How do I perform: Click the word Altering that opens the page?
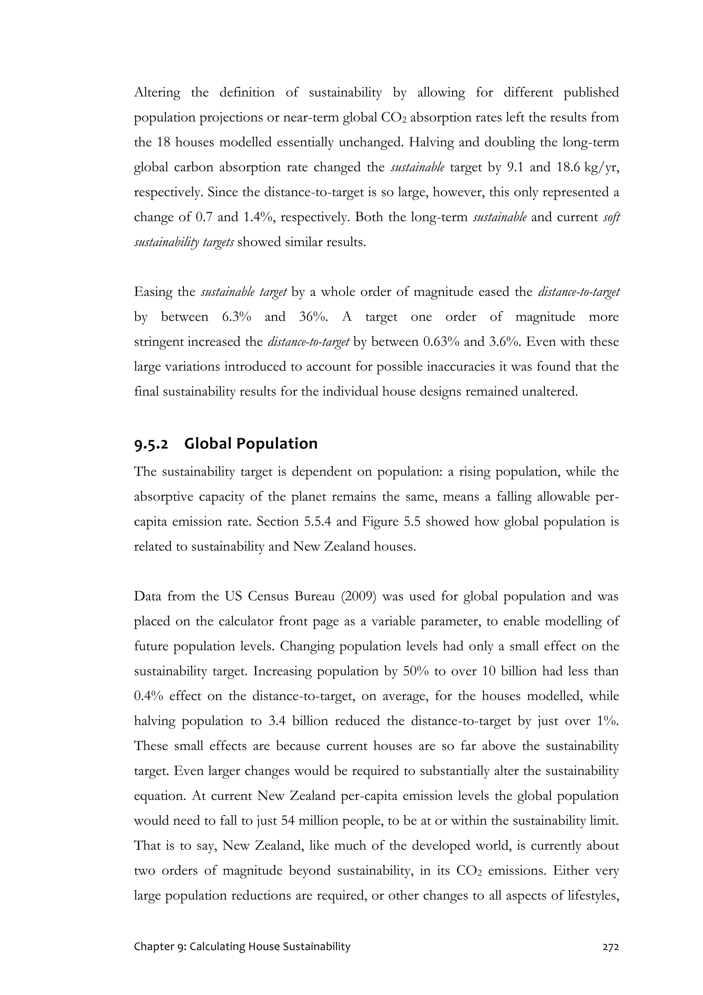(157, 93)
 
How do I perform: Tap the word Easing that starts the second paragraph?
(154, 293)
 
